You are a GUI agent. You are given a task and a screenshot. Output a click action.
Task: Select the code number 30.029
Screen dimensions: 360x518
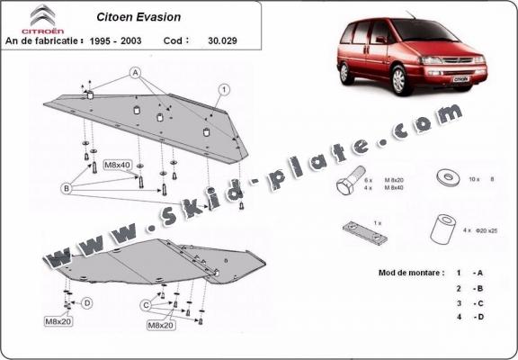point(218,40)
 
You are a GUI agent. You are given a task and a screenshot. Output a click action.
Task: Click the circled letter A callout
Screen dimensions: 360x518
point(135,71)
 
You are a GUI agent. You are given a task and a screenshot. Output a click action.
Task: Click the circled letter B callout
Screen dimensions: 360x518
point(65,187)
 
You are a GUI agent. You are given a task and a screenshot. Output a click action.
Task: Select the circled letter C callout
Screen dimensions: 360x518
point(144,305)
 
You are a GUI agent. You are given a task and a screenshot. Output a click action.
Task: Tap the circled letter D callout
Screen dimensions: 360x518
point(87,303)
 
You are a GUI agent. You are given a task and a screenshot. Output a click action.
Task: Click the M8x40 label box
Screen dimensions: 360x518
point(117,165)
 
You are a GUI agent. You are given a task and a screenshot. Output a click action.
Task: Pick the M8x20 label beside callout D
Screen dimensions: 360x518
point(58,320)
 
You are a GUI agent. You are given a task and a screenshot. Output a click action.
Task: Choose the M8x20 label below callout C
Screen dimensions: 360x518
point(160,325)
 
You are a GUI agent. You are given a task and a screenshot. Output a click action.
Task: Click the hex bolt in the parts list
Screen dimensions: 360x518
point(348,181)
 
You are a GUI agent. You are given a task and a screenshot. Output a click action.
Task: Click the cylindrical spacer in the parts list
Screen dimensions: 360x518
point(441,229)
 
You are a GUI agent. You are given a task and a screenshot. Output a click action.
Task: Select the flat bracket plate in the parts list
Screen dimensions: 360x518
point(365,233)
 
